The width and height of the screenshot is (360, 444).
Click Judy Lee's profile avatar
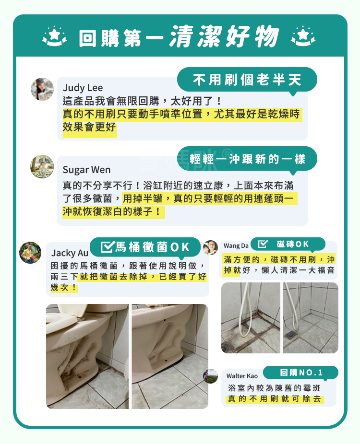click(x=42, y=89)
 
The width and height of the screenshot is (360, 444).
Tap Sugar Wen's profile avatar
click(x=42, y=166)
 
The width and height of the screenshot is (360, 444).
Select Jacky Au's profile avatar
click(x=30, y=252)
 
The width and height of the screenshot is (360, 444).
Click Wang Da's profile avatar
click(x=210, y=247)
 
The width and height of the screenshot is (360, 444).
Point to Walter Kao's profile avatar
click(x=211, y=376)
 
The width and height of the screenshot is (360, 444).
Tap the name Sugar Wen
click(x=86, y=170)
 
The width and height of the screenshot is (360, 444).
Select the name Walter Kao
click(x=242, y=376)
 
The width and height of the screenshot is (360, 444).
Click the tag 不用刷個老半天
click(x=247, y=80)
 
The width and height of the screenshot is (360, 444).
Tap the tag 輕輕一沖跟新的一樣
click(x=247, y=159)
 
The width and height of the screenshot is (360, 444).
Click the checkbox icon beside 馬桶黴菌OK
click(x=107, y=247)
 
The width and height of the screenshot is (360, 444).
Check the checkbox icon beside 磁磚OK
click(x=263, y=245)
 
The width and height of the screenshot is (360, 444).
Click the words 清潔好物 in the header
click(x=224, y=37)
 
